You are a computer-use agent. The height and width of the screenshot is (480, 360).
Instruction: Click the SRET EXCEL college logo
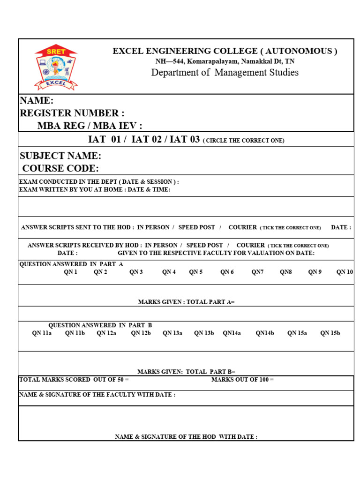coord(56,67)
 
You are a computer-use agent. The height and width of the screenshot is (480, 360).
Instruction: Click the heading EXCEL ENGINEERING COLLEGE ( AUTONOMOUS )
coord(225,51)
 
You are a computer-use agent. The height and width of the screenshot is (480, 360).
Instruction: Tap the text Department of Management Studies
coord(225,72)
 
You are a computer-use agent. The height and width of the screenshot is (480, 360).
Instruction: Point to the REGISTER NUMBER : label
coord(72,113)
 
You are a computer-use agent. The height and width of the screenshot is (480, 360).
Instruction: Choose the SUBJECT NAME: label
coord(60,156)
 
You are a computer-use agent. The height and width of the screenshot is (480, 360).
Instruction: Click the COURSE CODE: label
coord(60,169)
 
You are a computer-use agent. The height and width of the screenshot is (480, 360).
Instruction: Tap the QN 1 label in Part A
coord(71,272)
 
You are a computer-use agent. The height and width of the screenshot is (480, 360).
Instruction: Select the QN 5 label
coord(196,272)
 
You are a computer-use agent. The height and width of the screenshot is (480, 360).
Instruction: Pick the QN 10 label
coord(345,272)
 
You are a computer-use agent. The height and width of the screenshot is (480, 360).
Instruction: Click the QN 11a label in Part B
coord(42,333)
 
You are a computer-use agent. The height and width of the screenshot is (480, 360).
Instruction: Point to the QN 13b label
coord(204,333)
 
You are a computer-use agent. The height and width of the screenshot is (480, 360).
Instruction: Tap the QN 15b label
coord(330,333)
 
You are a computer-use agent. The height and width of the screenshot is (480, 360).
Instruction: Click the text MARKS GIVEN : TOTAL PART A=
coord(186,302)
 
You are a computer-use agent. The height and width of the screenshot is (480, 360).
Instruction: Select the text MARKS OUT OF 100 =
coord(242,379)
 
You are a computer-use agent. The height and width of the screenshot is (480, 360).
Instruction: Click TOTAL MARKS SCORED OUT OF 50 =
coord(74,379)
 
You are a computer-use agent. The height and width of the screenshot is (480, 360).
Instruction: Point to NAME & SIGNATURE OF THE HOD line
coord(186,436)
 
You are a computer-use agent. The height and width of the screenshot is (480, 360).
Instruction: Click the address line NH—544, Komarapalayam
coord(225,61)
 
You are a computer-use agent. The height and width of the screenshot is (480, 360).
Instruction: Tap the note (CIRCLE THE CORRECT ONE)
coord(243,141)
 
